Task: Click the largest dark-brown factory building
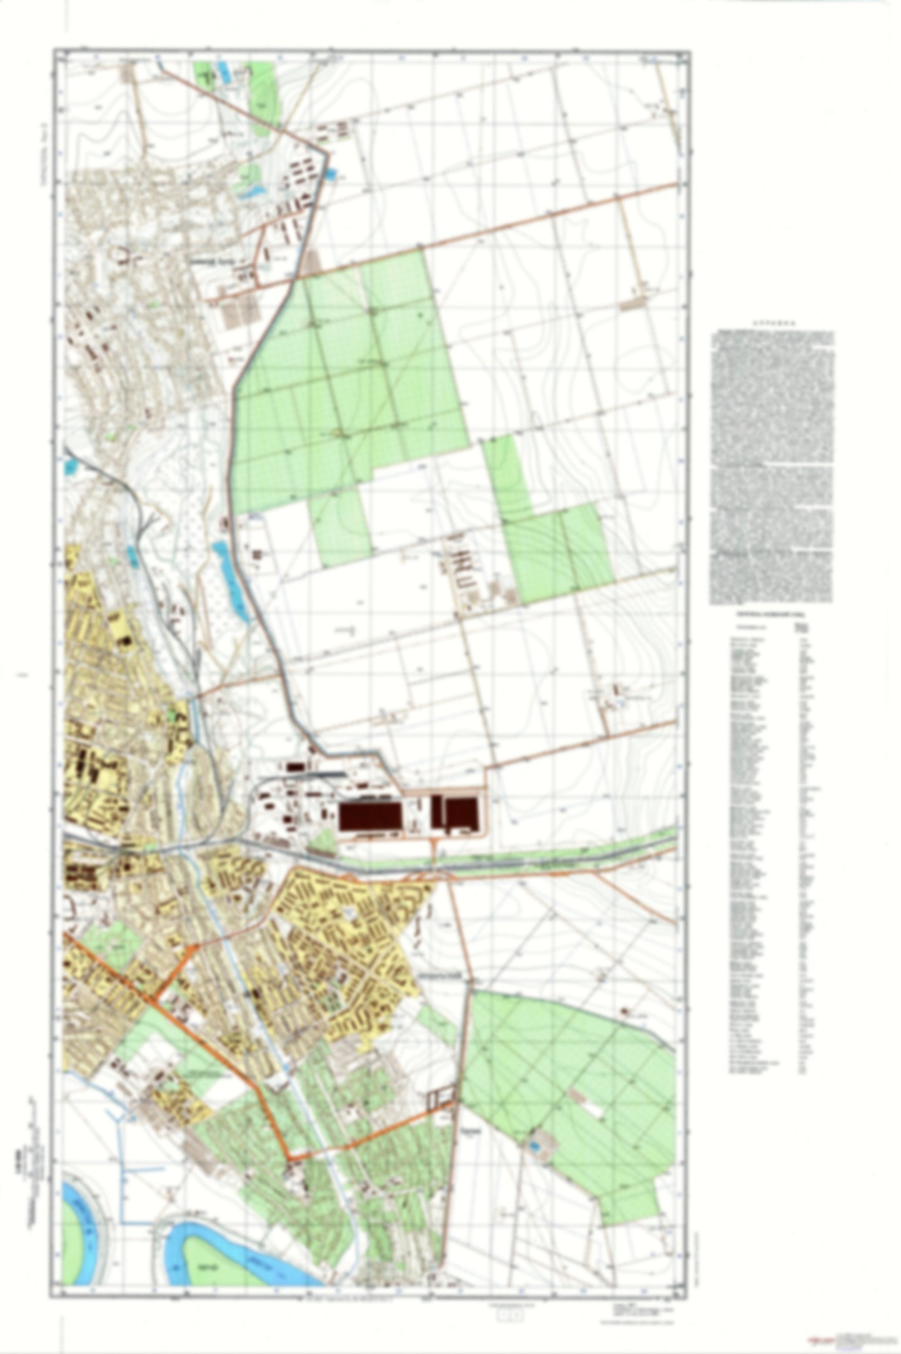pyautogui.click(x=370, y=816)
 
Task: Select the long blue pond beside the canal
pyautogui.click(x=228, y=577)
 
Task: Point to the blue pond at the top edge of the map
pyautogui.click(x=223, y=70)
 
